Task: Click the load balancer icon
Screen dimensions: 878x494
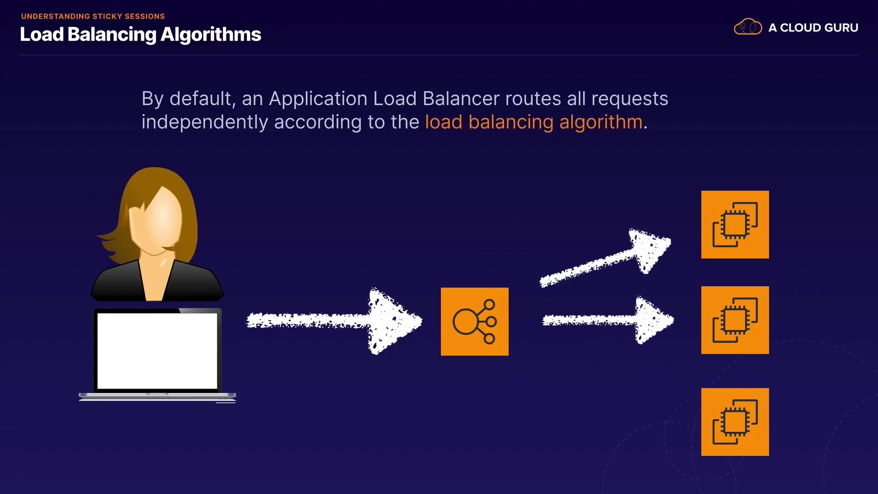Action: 475,322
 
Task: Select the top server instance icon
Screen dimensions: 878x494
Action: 735,225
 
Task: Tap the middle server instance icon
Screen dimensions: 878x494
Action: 735,320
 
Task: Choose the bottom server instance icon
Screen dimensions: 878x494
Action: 735,422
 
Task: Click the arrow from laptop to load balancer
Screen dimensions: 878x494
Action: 334,321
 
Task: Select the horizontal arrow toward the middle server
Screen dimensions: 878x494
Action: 608,320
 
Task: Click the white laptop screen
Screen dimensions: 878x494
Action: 157,351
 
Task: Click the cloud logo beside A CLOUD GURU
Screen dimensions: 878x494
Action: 748,27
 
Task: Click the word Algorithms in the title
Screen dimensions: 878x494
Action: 211,35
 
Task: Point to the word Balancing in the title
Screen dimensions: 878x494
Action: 112,35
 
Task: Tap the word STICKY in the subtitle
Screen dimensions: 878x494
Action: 107,16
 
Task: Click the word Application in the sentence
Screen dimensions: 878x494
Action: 318,99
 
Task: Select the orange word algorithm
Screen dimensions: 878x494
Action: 601,123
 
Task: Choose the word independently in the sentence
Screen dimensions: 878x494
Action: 205,123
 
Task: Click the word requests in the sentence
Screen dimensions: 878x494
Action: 630,99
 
